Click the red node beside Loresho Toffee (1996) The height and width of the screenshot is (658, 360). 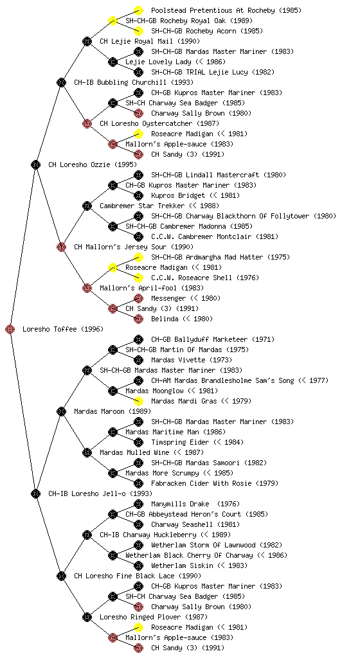click(x=10, y=329)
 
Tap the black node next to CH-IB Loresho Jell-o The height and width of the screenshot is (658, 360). click(x=35, y=493)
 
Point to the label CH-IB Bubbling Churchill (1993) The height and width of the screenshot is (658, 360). click(x=134, y=82)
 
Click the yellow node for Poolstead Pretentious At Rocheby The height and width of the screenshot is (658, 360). click(x=138, y=10)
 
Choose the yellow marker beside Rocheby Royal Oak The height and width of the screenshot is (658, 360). click(x=113, y=21)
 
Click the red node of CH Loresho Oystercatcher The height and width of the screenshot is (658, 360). click(x=87, y=123)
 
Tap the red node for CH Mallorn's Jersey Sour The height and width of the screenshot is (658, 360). click(x=61, y=247)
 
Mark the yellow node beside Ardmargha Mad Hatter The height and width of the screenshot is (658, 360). click(x=138, y=257)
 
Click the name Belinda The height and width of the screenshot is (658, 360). click(x=165, y=319)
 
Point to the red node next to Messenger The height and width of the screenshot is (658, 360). click(x=138, y=298)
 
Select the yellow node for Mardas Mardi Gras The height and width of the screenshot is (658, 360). click(x=138, y=401)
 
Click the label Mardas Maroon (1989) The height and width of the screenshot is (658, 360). click(x=113, y=411)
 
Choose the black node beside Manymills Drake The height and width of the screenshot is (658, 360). click(x=138, y=504)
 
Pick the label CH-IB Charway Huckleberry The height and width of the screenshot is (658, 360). click(x=148, y=535)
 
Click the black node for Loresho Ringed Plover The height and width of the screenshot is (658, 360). click(x=87, y=617)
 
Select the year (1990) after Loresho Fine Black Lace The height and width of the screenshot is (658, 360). click(x=190, y=576)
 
